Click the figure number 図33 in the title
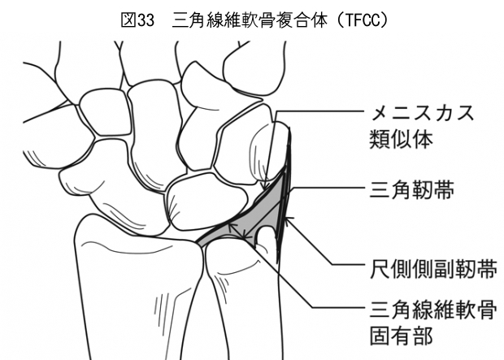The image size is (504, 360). click(x=137, y=20)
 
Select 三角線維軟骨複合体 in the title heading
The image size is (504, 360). click(x=250, y=20)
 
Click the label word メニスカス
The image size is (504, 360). click(x=422, y=113)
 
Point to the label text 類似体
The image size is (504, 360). click(x=401, y=139)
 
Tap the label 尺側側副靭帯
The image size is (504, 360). click(x=433, y=269)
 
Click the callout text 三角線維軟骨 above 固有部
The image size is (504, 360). click(x=433, y=310)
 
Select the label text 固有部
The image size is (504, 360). click(x=401, y=336)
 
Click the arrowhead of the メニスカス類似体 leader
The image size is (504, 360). click(x=265, y=187)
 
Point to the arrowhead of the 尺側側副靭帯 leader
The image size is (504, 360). click(x=289, y=220)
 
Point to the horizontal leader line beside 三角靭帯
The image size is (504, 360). click(x=327, y=188)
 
